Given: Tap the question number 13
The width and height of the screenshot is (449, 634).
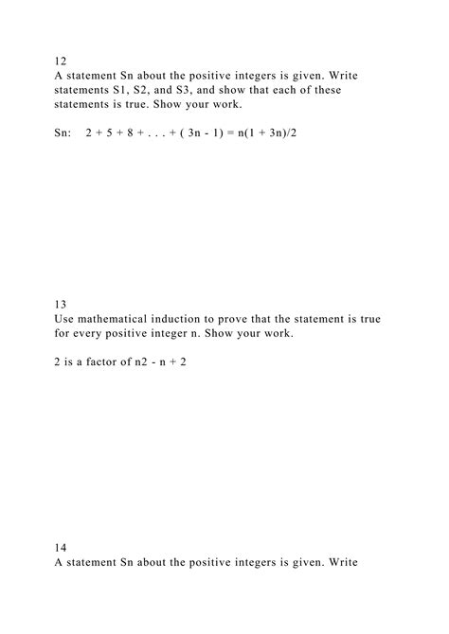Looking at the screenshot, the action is pos(61,304).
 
